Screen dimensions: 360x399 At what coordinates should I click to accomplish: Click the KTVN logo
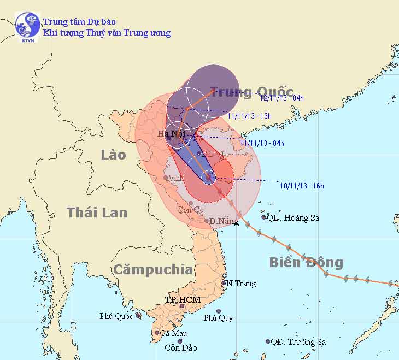pyautogui.click(x=27, y=27)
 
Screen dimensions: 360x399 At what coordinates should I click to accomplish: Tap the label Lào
pyautogui.click(x=113, y=155)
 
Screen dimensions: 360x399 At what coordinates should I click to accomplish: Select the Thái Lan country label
pyautogui.click(x=97, y=213)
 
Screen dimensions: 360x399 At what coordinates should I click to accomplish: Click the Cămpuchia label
pyautogui.click(x=152, y=269)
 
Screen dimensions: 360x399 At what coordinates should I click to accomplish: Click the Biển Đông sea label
pyautogui.click(x=306, y=263)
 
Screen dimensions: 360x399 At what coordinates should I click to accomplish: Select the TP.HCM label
pyautogui.click(x=184, y=300)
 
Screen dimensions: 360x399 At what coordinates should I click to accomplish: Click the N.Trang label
pyautogui.click(x=241, y=284)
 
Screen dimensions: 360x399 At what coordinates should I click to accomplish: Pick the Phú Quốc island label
pyautogui.click(x=116, y=316)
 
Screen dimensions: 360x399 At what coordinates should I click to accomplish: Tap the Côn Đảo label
pyautogui.click(x=181, y=347)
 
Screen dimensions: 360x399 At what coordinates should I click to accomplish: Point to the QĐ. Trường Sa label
pyautogui.click(x=298, y=342)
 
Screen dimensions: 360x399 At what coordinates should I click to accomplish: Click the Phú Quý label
pyautogui.click(x=216, y=318)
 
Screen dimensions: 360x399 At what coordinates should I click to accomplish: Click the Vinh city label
pyautogui.click(x=175, y=178)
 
